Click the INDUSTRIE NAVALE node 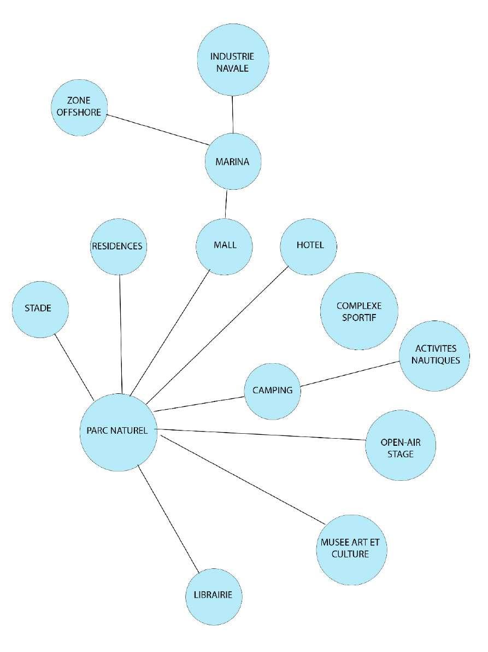tap(233, 60)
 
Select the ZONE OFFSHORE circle tap(79, 108)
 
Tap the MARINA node tap(233, 162)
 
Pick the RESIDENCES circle tap(117, 246)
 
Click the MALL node tap(225, 246)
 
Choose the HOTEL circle tap(309, 246)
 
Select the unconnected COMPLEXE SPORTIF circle tap(358, 312)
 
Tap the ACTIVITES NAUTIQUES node tap(434, 355)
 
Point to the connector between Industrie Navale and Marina tap(233, 114)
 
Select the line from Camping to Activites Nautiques tap(350, 374)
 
